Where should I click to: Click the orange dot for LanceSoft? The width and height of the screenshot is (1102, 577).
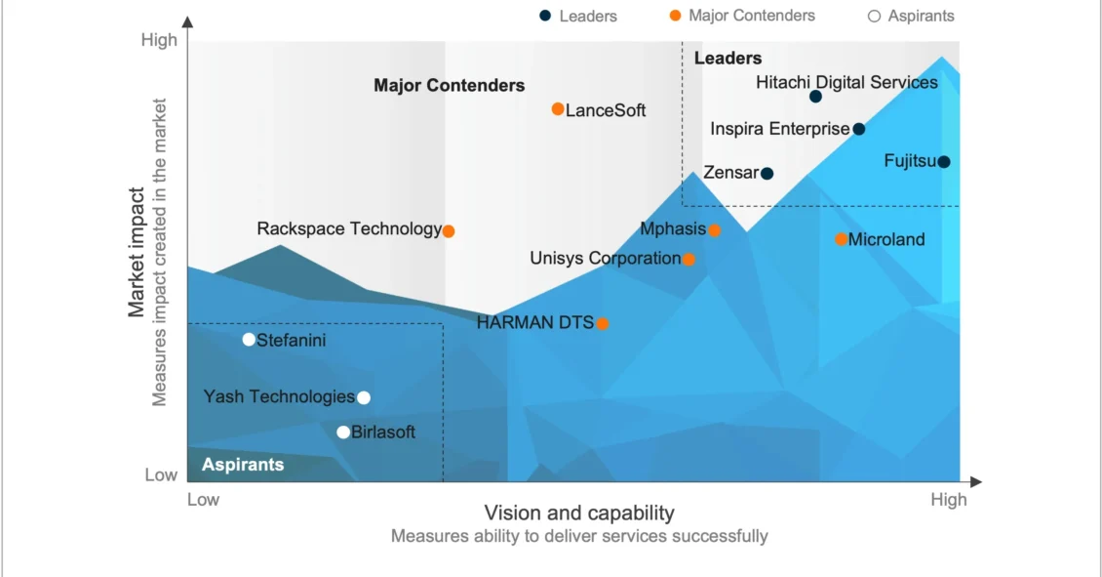pos(558,109)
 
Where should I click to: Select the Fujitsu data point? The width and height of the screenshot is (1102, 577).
pos(944,162)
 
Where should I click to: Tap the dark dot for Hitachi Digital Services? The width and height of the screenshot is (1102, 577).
pos(815,97)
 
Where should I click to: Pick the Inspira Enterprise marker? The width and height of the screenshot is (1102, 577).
pos(859,129)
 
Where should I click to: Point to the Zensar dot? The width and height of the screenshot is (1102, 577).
pos(767,174)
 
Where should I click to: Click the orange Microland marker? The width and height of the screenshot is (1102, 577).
pos(842,239)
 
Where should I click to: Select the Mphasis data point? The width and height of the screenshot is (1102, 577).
pos(714,230)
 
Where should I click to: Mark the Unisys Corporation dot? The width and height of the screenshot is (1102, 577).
pos(689,260)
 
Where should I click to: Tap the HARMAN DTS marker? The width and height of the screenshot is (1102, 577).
pos(603,324)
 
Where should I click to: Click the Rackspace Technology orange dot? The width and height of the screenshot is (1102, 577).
pos(449,231)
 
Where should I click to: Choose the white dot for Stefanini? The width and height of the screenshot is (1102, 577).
pos(249,340)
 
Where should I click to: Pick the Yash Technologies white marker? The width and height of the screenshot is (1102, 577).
pos(364,397)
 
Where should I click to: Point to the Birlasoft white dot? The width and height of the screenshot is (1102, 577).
pos(343,433)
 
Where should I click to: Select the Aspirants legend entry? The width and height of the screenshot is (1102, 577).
pos(911,16)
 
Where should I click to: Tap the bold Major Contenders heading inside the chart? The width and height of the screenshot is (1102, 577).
pos(449,86)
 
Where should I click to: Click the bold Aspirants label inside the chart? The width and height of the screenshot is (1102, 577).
pos(243,465)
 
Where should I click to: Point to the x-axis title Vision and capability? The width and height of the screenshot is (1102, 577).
pos(579,514)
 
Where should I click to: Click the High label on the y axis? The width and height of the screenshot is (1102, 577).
pos(159,40)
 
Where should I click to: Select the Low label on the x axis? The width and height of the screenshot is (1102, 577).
pos(203,500)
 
